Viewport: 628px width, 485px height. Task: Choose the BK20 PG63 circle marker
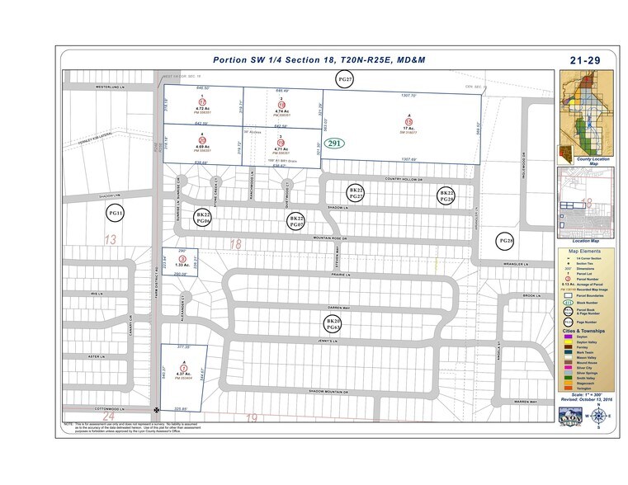tap(333, 324)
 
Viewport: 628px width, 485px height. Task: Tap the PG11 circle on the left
tap(116, 214)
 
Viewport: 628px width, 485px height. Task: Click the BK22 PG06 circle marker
tap(203, 217)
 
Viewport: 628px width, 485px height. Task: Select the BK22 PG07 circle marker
tap(296, 220)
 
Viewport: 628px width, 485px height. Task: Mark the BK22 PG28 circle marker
tap(446, 195)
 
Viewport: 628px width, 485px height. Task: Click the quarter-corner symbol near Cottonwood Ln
tap(156, 409)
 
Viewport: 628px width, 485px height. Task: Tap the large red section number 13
tap(110, 239)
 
